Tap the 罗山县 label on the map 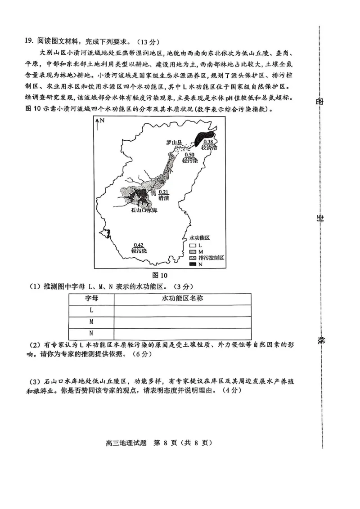tap(174, 143)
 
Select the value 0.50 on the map tap(189, 155)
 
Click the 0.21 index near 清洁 tap(163, 192)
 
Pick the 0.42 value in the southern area tap(139, 245)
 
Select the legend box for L tap(193, 245)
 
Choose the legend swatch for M tap(193, 251)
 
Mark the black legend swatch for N tap(193, 264)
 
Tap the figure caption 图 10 tap(160, 275)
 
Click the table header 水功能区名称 tap(182, 299)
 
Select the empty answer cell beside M tap(182, 322)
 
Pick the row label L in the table tap(91, 310)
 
